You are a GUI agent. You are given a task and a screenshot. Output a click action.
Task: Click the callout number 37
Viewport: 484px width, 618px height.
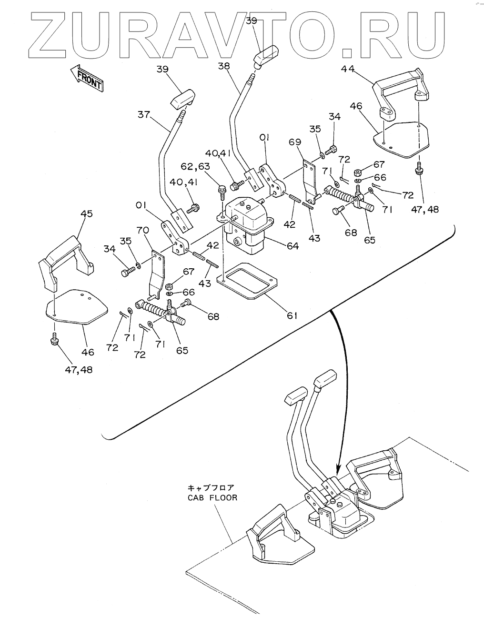[144, 114]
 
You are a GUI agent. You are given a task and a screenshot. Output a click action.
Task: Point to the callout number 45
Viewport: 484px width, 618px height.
[86, 214]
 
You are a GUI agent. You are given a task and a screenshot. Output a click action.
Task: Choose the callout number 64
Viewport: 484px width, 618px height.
[292, 246]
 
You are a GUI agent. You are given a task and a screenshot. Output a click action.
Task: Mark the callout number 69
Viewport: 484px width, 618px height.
[295, 142]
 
